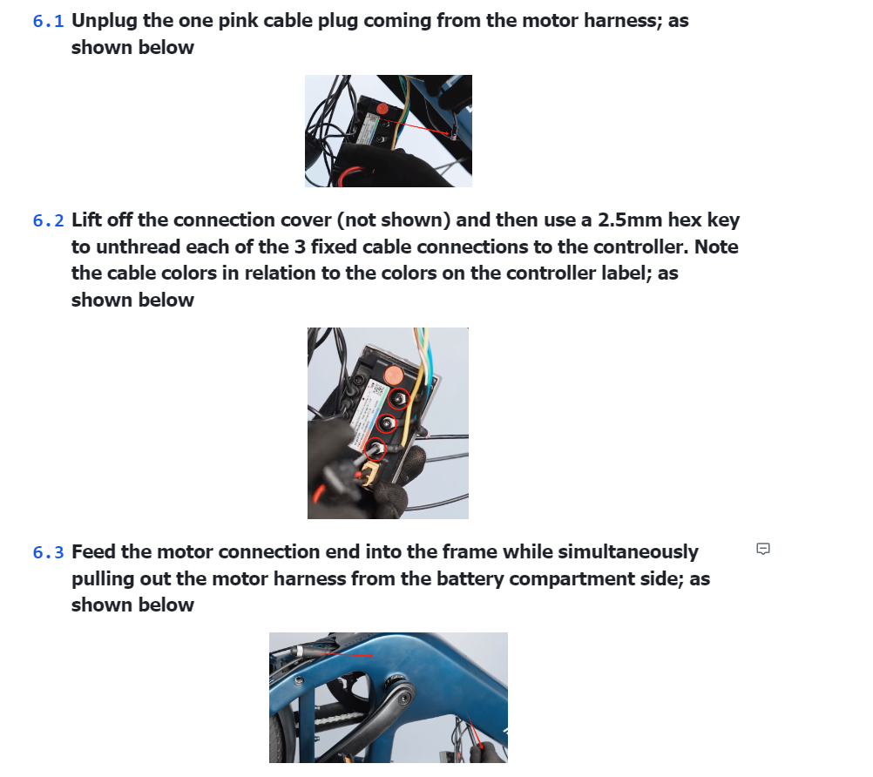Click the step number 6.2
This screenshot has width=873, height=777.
[48, 221]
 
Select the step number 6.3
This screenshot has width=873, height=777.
[48, 552]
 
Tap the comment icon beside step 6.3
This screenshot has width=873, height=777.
[763, 549]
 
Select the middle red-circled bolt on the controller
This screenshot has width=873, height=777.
[389, 423]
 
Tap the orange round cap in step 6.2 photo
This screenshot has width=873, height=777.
[393, 375]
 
